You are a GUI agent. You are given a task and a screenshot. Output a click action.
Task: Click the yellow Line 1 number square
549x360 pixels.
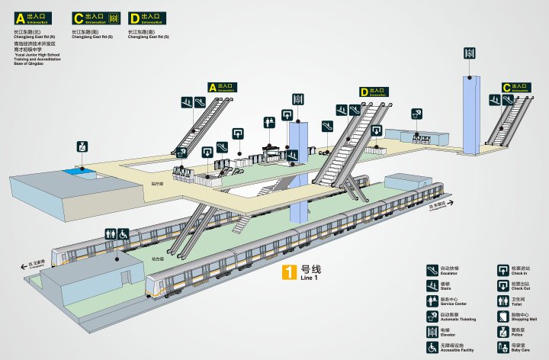coord(289,272)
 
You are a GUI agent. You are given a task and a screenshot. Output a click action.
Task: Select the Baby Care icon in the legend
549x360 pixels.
coord(503,348)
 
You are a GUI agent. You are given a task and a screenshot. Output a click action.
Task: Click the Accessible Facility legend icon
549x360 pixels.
coord(432,348)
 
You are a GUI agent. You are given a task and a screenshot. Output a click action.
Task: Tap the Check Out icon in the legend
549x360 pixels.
coord(503,287)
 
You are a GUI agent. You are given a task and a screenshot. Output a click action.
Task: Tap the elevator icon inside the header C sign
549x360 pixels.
coord(114,17)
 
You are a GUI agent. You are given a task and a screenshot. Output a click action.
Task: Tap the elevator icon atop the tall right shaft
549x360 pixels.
coord(469,53)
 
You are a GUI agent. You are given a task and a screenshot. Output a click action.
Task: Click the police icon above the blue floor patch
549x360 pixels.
coord(82,146)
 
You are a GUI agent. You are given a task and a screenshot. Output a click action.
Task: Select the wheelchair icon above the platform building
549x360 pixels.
coord(124,235)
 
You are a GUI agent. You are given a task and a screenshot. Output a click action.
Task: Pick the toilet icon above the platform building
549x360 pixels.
coord(110,235)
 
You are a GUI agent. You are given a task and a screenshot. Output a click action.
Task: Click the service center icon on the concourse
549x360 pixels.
coord(269,121)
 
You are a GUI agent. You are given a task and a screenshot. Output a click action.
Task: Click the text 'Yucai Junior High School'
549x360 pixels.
coord(38,55)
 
